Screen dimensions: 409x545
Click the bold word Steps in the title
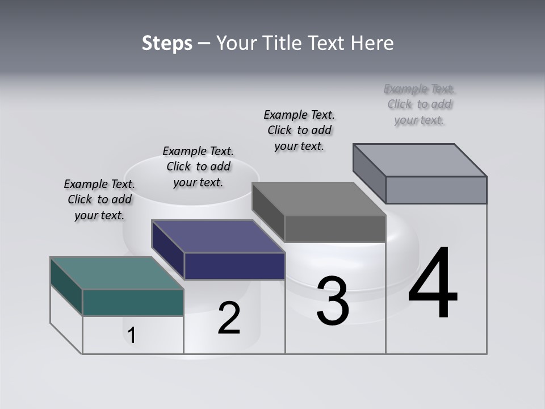pyautogui.click(x=167, y=43)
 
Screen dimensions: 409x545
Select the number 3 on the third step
pyautogui.click(x=332, y=301)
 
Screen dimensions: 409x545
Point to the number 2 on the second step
pyautogui.click(x=229, y=318)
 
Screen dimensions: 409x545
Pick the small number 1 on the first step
pyautogui.click(x=131, y=336)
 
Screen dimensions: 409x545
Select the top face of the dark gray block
pyautogui.click(x=319, y=199)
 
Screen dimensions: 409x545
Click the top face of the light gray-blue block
pyautogui.click(x=420, y=160)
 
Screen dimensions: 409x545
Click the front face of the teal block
pyautogui.click(x=133, y=302)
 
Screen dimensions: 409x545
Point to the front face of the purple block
pyautogui.click(x=234, y=266)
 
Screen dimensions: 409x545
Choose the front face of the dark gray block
pyautogui.click(x=335, y=228)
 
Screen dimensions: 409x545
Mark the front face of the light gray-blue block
pyautogui.click(x=436, y=190)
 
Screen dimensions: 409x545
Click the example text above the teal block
pyautogui.click(x=99, y=199)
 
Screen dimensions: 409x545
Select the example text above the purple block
pyautogui.click(x=198, y=166)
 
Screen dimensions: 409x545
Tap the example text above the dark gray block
pyautogui.click(x=299, y=130)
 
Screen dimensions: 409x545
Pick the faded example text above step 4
pyautogui.click(x=420, y=104)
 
